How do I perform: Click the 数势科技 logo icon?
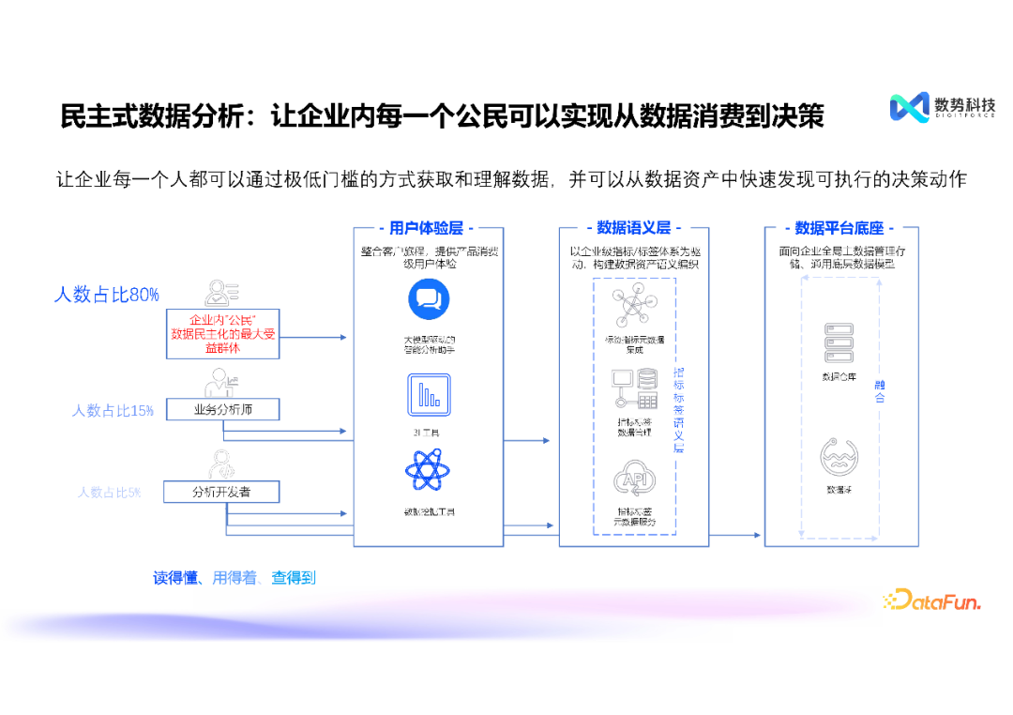(909, 107)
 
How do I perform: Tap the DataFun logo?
(931, 600)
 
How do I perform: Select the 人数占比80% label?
(106, 295)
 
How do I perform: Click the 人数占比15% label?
(113, 410)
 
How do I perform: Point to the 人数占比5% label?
(109, 492)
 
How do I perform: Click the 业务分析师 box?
(222, 409)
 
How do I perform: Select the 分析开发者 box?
(221, 492)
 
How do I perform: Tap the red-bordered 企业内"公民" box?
(222, 333)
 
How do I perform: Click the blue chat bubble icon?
(429, 299)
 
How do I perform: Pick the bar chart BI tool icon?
(429, 395)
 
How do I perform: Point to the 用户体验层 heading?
(428, 228)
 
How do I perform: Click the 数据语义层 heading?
(633, 228)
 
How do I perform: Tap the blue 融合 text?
(880, 391)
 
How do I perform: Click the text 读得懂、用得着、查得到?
(234, 578)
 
